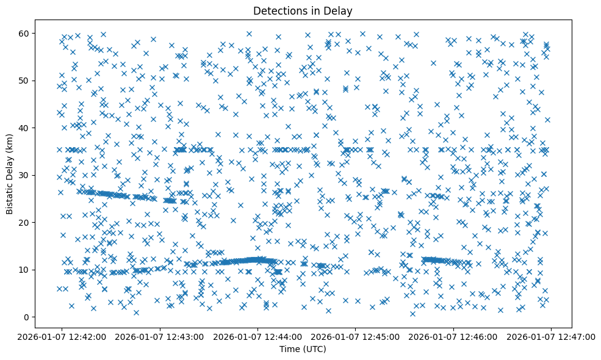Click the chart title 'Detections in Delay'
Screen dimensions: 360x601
(303, 10)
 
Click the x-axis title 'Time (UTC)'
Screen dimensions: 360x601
(303, 349)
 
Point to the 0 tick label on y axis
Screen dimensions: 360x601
(27, 317)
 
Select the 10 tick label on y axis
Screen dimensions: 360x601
(24, 270)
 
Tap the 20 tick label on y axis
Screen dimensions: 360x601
(24, 223)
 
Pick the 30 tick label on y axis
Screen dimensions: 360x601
(24, 175)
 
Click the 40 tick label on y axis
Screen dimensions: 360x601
(24, 128)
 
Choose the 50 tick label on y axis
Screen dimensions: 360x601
(24, 81)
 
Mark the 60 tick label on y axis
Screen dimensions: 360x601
(24, 33)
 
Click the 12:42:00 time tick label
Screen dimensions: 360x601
(62, 336)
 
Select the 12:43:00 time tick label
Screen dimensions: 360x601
(160, 336)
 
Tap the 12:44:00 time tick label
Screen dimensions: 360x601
(257, 336)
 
